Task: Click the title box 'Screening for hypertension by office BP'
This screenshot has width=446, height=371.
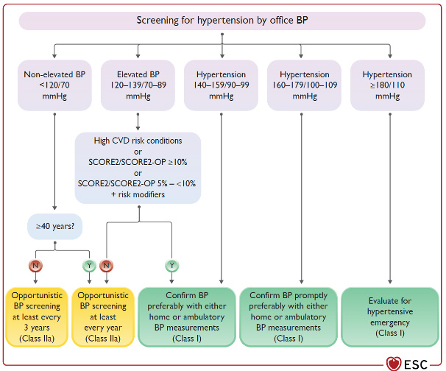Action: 222,21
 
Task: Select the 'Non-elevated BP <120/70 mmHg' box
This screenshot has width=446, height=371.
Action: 54,85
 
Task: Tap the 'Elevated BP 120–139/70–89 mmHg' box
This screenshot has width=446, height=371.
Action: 138,85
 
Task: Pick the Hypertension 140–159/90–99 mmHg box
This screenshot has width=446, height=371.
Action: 222,85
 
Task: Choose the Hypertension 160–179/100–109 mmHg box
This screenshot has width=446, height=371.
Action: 304,85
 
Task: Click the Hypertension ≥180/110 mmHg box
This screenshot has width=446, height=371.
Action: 387,85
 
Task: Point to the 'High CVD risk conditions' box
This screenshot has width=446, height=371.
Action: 138,167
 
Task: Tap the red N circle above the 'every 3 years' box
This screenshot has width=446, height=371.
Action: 34,264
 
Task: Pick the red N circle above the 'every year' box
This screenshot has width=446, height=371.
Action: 107,264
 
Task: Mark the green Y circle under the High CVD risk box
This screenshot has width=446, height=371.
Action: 171,264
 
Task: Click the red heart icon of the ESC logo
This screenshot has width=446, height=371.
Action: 394,363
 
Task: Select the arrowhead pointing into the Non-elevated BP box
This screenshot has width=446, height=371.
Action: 54,57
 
